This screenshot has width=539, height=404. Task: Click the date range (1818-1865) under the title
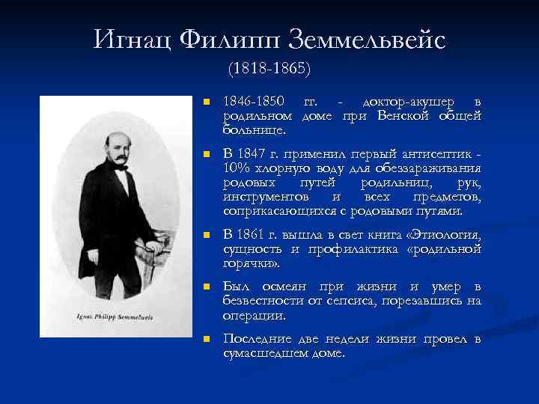coord(269,68)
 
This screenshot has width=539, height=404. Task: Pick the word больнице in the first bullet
coord(249,130)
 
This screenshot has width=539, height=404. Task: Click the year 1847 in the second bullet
coord(258,153)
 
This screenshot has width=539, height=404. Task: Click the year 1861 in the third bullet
coord(258,236)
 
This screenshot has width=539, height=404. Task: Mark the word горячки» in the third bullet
coord(250,264)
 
